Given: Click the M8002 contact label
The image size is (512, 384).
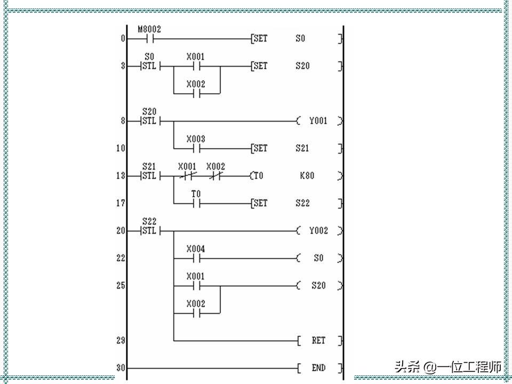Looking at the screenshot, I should [x=149, y=29].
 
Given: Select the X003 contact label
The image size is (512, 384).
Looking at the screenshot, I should [x=196, y=139].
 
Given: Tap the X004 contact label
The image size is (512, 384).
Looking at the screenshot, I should [x=196, y=249].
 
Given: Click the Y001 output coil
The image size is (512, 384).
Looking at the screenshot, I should [x=318, y=121].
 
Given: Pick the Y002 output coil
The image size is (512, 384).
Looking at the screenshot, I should [x=318, y=231].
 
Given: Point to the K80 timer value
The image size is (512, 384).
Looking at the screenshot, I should [x=307, y=176].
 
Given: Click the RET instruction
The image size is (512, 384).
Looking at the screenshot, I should [x=318, y=340].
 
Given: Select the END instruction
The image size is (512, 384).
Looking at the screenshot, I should [x=318, y=368].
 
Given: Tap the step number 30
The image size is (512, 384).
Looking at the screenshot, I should [x=121, y=368].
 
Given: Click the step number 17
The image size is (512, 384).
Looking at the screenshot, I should [x=121, y=203].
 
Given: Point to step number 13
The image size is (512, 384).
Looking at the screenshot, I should [x=121, y=176].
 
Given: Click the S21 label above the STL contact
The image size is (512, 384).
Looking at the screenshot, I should [x=149, y=167].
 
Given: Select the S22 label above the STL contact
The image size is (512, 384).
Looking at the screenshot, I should [x=149, y=221].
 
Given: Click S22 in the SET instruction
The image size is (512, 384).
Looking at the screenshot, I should [x=302, y=203].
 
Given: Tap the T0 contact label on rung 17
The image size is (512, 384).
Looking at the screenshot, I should [x=196, y=194].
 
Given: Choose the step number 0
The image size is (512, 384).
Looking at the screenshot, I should [x=123, y=39].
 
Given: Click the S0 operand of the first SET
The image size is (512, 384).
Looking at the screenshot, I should [x=301, y=39].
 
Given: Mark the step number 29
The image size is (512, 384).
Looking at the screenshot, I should [x=121, y=340].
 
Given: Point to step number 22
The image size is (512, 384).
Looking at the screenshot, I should [x=121, y=258].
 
